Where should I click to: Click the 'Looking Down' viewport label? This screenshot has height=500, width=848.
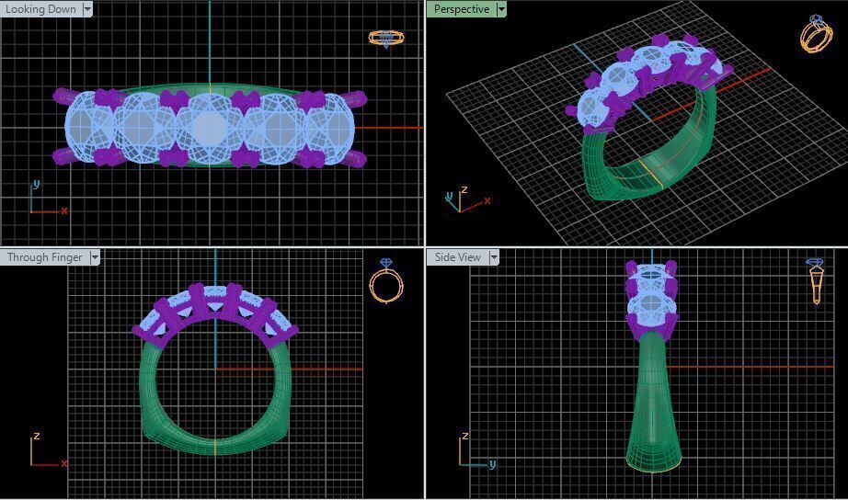(x=41, y=9)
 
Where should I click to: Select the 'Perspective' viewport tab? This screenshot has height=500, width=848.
(x=462, y=9)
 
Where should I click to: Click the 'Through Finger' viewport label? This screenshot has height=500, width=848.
(x=44, y=257)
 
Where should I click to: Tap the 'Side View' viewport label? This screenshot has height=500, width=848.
(x=457, y=257)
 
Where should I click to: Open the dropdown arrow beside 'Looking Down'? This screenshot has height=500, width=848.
(x=87, y=9)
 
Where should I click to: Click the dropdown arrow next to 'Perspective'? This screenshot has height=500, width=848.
(x=501, y=9)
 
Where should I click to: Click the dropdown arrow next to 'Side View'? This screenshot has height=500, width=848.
(x=493, y=257)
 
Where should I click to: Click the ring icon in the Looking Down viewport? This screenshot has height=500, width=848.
(x=386, y=39)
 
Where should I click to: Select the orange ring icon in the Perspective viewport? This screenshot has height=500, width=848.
(x=816, y=34)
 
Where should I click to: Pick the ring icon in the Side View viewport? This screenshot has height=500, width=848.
(x=816, y=280)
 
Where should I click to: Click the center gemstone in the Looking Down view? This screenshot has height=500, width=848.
(x=210, y=128)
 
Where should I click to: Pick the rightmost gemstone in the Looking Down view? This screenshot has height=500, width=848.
(x=332, y=128)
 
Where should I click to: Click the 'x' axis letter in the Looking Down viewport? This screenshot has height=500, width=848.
(x=64, y=211)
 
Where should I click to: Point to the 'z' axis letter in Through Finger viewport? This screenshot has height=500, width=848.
(x=36, y=436)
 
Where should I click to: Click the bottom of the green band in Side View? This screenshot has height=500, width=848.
(x=652, y=461)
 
